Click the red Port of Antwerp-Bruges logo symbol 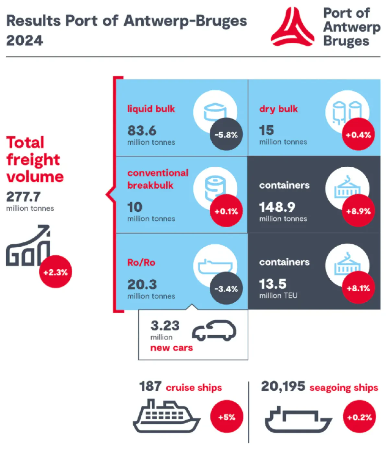pyautogui.click(x=292, y=28)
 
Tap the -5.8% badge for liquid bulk pyautogui.click(x=226, y=134)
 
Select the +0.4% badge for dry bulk pyautogui.click(x=358, y=134)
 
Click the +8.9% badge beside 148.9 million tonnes pyautogui.click(x=358, y=211)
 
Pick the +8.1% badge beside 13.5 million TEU pyautogui.click(x=358, y=288)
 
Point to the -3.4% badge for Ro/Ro pyautogui.click(x=226, y=288)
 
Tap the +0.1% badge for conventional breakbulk pyautogui.click(x=226, y=211)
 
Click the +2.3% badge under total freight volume pyautogui.click(x=55, y=272)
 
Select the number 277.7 pyautogui.click(x=23, y=196)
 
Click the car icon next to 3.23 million pyautogui.click(x=214, y=330)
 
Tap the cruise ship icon pyautogui.click(x=166, y=417)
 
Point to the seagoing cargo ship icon pyautogui.click(x=298, y=420)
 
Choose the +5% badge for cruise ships pyautogui.click(x=227, y=417)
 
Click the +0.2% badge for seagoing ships pyautogui.click(x=359, y=417)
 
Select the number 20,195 pyautogui.click(x=283, y=386)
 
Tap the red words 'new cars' pyautogui.click(x=171, y=348)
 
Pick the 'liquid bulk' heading pyautogui.click(x=151, y=109)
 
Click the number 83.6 pyautogui.click(x=142, y=130)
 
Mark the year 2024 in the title pyautogui.click(x=25, y=41)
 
